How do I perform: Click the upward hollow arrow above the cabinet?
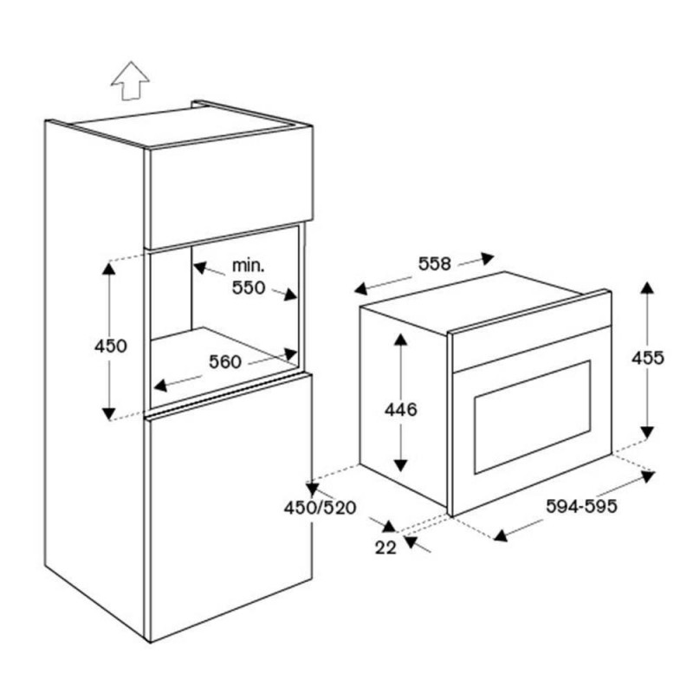click(131, 81)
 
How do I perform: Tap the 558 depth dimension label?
click(435, 264)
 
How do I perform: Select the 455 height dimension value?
click(647, 358)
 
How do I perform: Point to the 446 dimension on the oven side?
click(401, 410)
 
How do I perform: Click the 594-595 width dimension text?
click(581, 507)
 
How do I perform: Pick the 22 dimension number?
click(385, 548)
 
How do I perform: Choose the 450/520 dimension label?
click(320, 508)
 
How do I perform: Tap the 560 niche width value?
click(225, 362)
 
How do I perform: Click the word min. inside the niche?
click(249, 266)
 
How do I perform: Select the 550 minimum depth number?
click(249, 288)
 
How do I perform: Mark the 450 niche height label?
click(111, 346)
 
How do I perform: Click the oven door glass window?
click(533, 418)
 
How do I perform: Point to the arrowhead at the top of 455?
click(647, 288)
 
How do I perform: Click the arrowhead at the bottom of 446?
click(401, 465)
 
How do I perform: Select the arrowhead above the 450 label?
click(109, 269)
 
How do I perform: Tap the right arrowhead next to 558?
click(488, 257)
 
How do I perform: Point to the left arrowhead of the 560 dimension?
click(160, 385)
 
